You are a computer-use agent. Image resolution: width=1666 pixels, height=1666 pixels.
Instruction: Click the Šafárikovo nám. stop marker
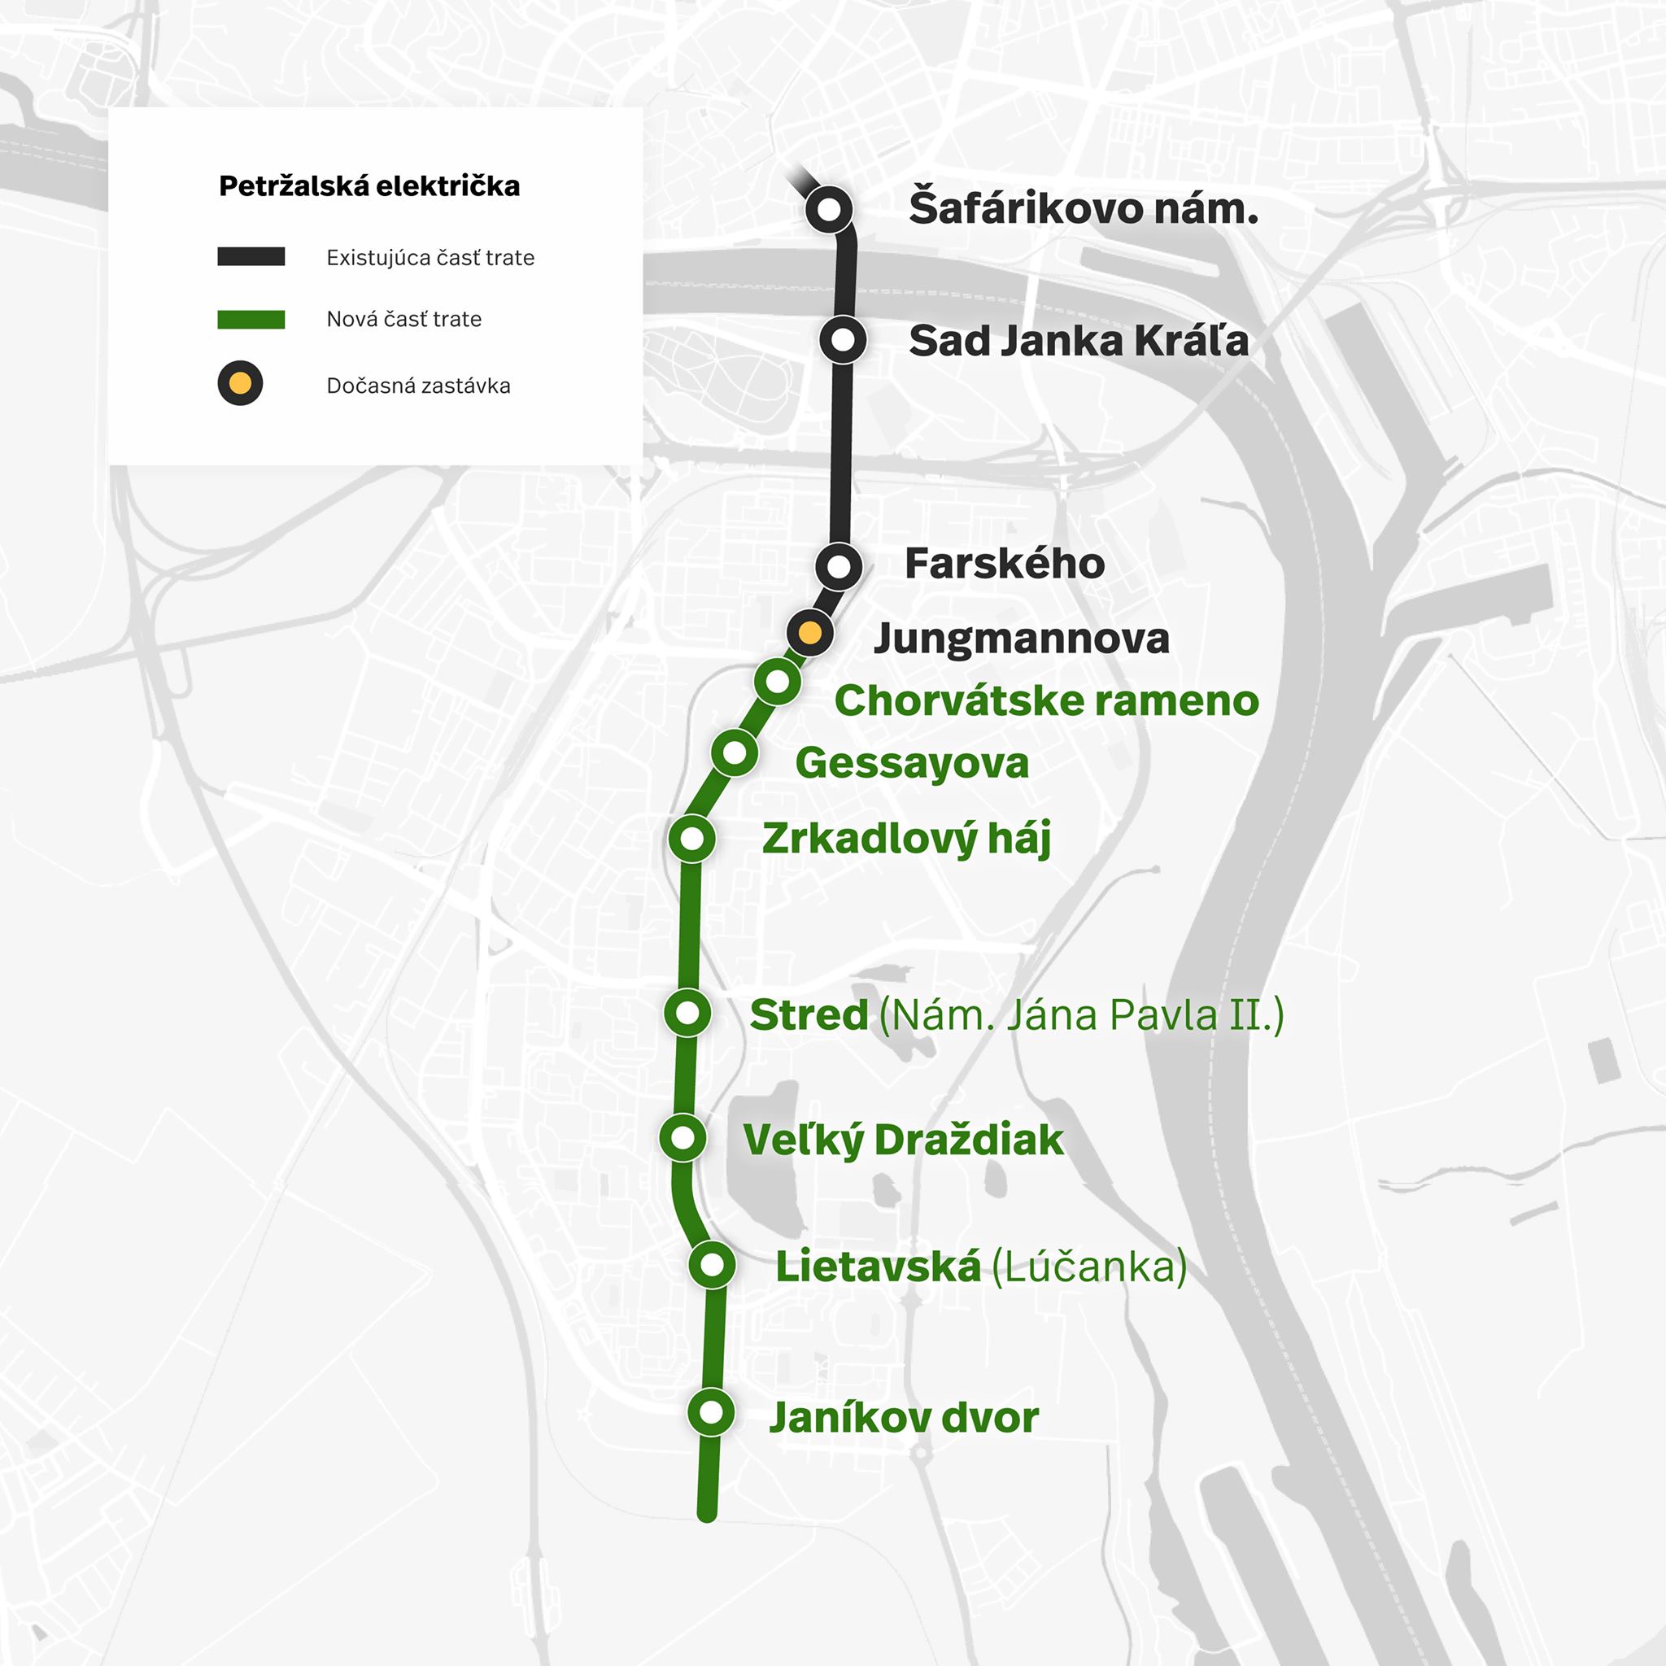(x=829, y=210)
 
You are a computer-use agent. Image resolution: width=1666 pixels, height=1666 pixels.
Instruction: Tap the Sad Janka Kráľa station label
(x=1078, y=341)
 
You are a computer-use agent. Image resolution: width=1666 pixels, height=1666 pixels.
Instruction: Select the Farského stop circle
(x=838, y=566)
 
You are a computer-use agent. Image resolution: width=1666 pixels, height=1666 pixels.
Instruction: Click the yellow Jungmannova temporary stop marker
(x=809, y=633)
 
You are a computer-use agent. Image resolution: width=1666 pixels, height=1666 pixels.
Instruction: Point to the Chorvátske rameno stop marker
(x=777, y=682)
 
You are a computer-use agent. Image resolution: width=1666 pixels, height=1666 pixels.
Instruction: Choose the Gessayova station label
(x=911, y=763)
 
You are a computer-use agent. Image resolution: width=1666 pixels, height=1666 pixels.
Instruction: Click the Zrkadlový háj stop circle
(x=691, y=838)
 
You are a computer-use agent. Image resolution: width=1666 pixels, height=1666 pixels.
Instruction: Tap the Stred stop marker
(x=687, y=1012)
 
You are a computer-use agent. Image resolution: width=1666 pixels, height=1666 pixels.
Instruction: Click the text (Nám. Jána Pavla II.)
(x=1081, y=1015)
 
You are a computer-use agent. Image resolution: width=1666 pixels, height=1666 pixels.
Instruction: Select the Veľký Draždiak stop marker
(x=682, y=1138)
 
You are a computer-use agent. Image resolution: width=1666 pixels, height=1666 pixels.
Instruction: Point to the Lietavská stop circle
(x=713, y=1265)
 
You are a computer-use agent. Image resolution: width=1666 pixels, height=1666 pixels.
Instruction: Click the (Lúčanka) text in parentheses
(x=1089, y=1267)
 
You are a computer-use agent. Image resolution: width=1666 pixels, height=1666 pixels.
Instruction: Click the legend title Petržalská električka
(x=369, y=186)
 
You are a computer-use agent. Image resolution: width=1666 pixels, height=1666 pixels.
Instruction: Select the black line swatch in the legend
(x=251, y=256)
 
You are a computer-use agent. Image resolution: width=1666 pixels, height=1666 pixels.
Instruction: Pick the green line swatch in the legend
(x=251, y=319)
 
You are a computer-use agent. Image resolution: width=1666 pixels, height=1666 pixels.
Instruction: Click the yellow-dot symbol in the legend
(x=240, y=383)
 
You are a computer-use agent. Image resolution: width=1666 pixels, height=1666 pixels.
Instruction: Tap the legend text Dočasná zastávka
(x=418, y=386)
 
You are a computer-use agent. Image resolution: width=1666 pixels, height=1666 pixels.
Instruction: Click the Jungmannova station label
(x=1021, y=639)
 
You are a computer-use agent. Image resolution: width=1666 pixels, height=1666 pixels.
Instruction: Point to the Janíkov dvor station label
(x=903, y=1418)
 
